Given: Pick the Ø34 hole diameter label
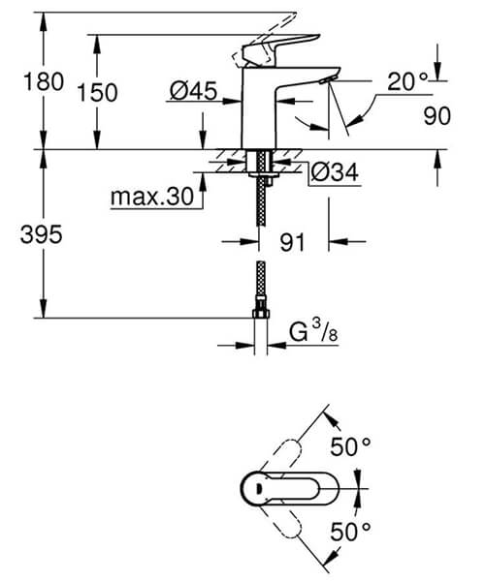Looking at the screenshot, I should [335, 172].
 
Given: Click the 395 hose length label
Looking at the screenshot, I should [42, 233].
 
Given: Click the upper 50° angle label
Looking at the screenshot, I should [352, 447].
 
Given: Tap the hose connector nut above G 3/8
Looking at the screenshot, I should [259, 313].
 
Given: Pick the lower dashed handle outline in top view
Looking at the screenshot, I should [291, 524].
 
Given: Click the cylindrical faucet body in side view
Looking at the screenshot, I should [261, 116].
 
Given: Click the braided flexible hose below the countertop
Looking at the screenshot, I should [259, 203].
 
